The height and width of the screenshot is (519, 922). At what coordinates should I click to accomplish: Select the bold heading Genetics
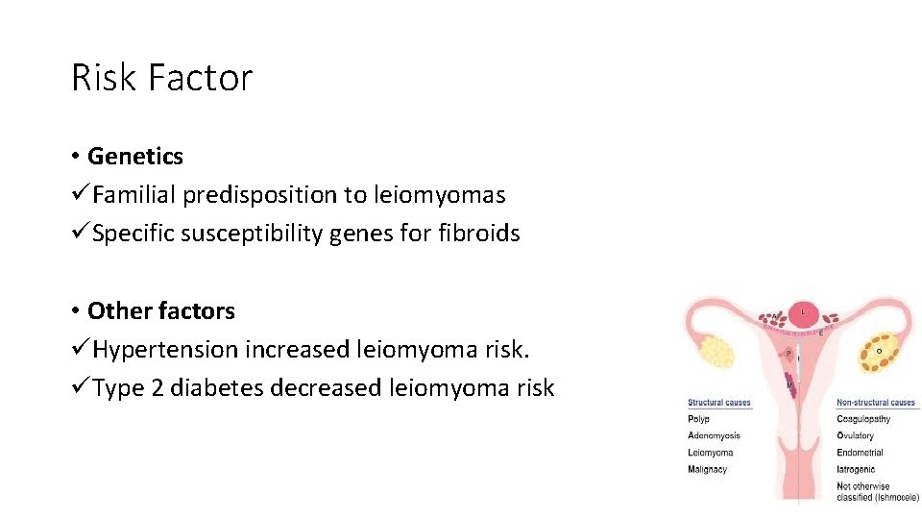(135, 156)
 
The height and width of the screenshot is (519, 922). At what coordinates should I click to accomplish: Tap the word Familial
(134, 194)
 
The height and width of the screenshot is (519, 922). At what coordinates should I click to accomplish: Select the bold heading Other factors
(161, 310)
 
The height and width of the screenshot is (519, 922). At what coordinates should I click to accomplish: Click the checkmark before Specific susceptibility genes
(80, 233)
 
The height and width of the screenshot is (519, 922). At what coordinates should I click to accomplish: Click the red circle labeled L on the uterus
(804, 312)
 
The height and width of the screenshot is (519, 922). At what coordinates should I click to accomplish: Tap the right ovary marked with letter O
(878, 351)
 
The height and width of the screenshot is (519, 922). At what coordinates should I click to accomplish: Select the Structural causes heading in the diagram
(719, 403)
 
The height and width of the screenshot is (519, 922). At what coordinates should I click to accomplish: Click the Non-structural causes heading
(876, 403)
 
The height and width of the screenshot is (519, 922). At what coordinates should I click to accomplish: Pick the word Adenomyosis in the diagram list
(714, 435)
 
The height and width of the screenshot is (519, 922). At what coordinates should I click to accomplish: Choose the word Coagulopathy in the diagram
(863, 419)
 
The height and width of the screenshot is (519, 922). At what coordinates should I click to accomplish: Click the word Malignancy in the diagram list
(708, 469)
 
